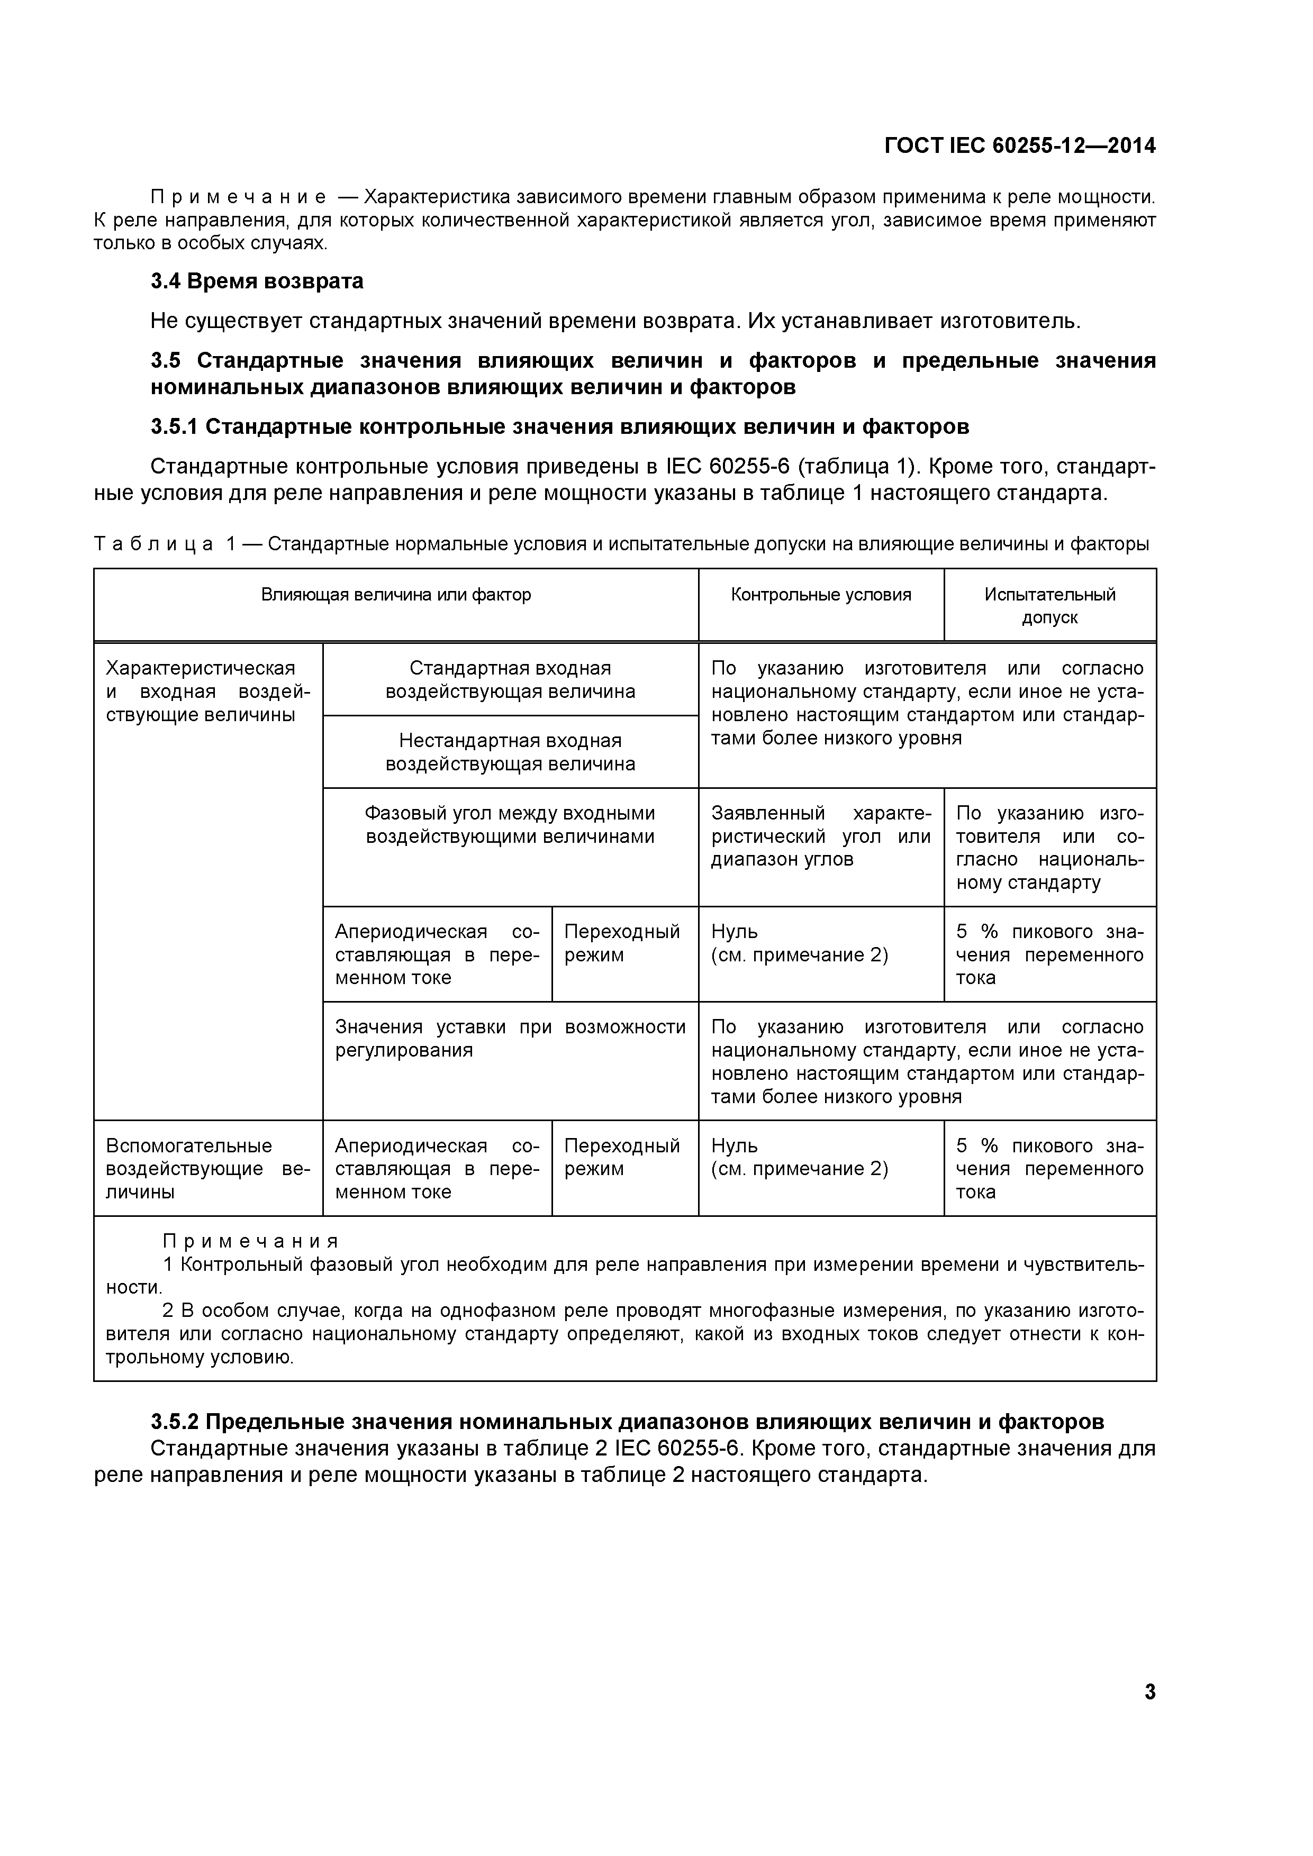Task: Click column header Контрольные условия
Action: coord(821,595)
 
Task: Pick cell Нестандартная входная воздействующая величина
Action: coord(510,752)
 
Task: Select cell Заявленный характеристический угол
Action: coord(821,836)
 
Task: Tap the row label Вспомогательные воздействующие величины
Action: coord(208,1168)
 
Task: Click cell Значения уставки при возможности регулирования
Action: coord(510,1038)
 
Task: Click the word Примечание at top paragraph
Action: coord(239,197)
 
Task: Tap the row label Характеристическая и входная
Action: coord(208,691)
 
